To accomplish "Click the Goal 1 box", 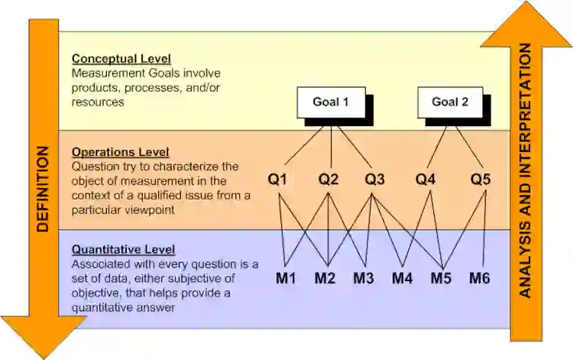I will [330, 102].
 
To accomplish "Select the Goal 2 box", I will [449, 102].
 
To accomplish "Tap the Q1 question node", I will [277, 180].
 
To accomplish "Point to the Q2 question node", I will [329, 180].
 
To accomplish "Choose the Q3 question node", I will [374, 180].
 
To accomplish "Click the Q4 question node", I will [426, 180].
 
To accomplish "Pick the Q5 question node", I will [481, 180].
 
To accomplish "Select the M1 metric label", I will [286, 277].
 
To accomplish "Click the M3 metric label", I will [363, 277].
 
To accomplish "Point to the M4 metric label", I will [403, 277].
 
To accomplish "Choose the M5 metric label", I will [441, 277].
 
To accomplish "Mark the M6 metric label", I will [480, 277].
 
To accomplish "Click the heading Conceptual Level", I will [121, 59].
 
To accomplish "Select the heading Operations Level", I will [120, 152].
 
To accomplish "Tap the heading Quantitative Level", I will [123, 249].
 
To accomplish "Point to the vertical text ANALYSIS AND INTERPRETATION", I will [524, 170].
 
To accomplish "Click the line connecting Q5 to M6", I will [486, 229].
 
